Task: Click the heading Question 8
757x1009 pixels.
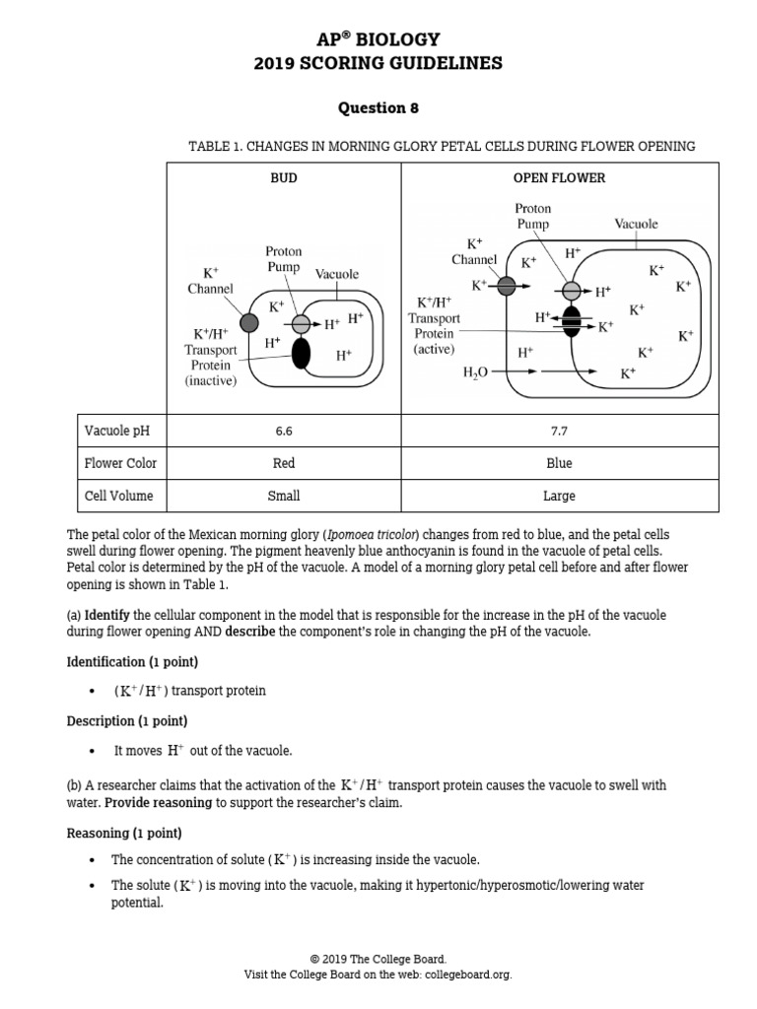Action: (x=378, y=107)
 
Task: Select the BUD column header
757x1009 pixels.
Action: (x=284, y=178)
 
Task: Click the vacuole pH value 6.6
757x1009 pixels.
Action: (x=284, y=431)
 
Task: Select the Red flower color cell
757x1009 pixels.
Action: (x=284, y=463)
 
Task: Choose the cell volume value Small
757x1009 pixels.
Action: (x=284, y=496)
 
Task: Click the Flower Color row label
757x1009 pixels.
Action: (x=120, y=463)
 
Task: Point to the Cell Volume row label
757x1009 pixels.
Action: (x=118, y=496)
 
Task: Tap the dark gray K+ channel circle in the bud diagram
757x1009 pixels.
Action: (x=249, y=322)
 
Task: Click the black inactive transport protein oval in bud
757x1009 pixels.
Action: (x=301, y=354)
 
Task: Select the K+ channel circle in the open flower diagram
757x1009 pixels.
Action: (x=506, y=286)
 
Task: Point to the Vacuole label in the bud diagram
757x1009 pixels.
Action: (x=337, y=274)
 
